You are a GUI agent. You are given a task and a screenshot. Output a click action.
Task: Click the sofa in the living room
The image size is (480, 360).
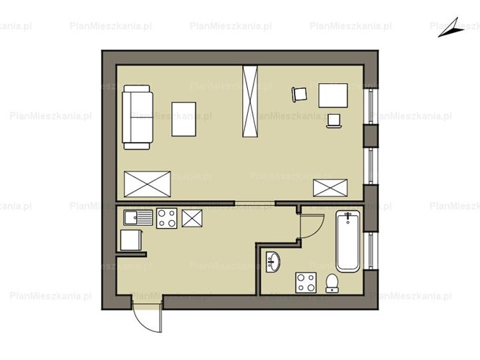pyautogui.click(x=138, y=118)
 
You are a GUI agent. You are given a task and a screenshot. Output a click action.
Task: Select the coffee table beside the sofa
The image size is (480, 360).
pyautogui.click(x=183, y=119)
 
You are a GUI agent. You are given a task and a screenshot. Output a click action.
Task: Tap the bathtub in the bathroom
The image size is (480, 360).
pyautogui.click(x=347, y=242)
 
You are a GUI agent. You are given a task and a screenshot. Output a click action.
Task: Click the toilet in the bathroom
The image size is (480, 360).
pyautogui.click(x=332, y=283)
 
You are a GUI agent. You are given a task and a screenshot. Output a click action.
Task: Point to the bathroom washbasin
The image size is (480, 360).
pyautogui.click(x=272, y=262)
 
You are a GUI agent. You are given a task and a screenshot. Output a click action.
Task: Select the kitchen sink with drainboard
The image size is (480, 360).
pyautogui.click(x=138, y=218)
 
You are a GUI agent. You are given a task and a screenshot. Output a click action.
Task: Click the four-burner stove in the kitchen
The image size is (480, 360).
pyautogui.click(x=167, y=218)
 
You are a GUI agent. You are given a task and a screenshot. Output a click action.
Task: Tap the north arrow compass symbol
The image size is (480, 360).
pyautogui.click(x=449, y=29)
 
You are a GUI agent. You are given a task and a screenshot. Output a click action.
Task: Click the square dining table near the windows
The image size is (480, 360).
pyautogui.click(x=333, y=95)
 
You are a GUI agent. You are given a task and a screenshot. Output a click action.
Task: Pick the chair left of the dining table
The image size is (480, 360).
pyautogui.click(x=299, y=95)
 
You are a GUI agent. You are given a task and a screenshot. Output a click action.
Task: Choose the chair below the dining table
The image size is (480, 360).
pyautogui.click(x=334, y=120)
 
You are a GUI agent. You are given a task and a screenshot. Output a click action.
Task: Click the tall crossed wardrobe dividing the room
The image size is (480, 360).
pyautogui.click(x=250, y=101)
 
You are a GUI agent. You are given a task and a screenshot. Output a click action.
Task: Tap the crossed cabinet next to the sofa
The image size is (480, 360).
pyautogui.click(x=148, y=184)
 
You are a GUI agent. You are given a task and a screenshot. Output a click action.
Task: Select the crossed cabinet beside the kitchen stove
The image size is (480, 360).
pyautogui.click(x=192, y=219)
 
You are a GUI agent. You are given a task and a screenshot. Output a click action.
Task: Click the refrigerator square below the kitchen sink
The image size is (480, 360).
pyautogui.click(x=131, y=240)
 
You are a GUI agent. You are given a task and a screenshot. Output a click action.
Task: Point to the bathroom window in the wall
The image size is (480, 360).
pyautogui.click(x=370, y=250)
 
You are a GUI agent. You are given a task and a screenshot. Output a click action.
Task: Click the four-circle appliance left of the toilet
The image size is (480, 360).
pyautogui.click(x=306, y=283)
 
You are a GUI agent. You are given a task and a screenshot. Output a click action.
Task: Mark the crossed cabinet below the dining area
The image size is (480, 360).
pyautogui.click(x=330, y=188)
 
